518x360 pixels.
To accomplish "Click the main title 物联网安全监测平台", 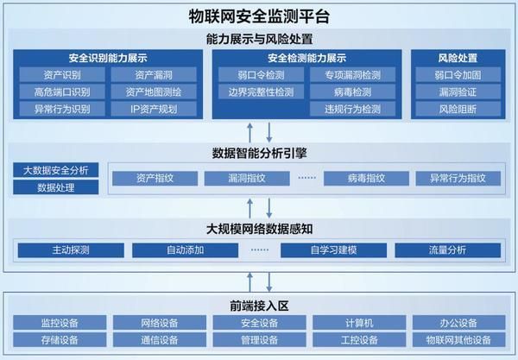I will point(258,16).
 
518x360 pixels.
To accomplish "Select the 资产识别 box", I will point(60,75).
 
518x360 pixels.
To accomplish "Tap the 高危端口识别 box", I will point(60,92).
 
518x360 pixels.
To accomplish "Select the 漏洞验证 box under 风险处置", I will point(457,92).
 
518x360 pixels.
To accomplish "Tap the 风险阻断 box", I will point(457,110).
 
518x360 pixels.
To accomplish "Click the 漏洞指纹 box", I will point(247,179).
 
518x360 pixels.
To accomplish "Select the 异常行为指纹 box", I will point(452,179).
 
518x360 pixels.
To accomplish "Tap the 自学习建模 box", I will point(333,250).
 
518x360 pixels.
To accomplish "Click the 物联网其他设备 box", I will point(458,340).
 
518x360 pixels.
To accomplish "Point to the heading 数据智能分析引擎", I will point(258,153).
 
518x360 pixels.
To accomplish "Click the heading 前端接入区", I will point(258,304).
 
